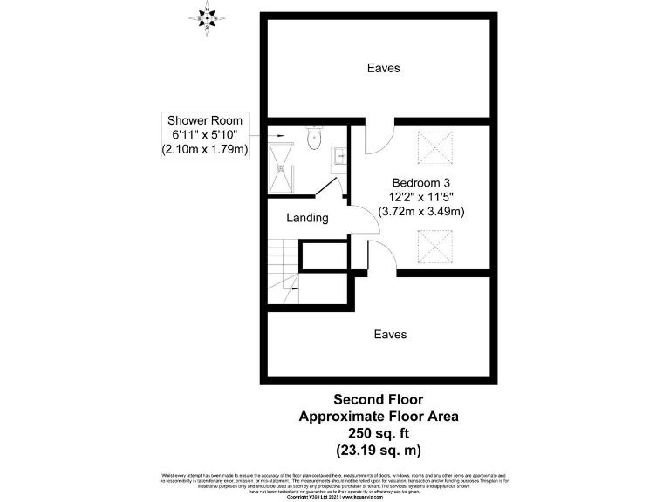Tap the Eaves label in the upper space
[384, 68]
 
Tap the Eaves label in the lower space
[390, 335]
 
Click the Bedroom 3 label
[420, 183]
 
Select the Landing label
[307, 218]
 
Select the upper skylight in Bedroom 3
[434, 147]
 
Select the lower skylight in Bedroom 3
[434, 246]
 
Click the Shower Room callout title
[204, 119]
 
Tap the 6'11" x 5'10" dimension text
[204, 134]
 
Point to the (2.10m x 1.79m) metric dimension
[204, 149]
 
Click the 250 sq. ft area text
[379, 433]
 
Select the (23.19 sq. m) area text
[379, 450]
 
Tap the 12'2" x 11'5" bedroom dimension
[420, 197]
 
